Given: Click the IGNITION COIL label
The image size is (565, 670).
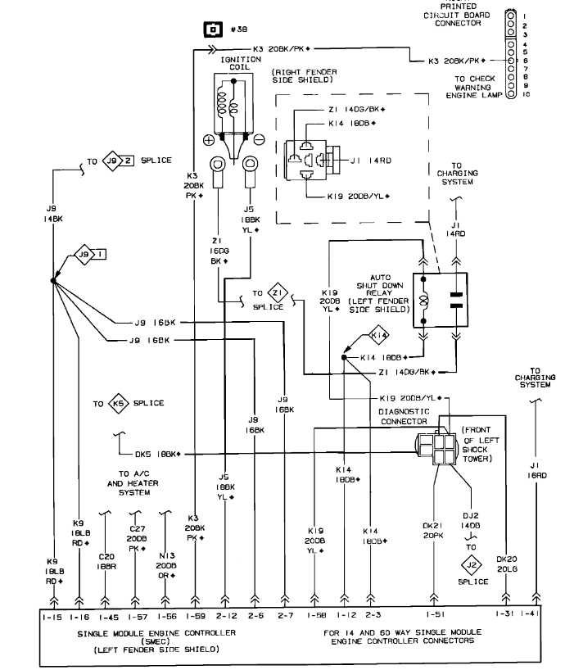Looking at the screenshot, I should pos(235,64).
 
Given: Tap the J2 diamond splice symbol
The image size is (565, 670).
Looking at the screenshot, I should pos(471,564).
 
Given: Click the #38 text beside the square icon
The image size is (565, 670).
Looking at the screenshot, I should pos(239,29).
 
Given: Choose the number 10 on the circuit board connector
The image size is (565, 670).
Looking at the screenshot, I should pos(527,95).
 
